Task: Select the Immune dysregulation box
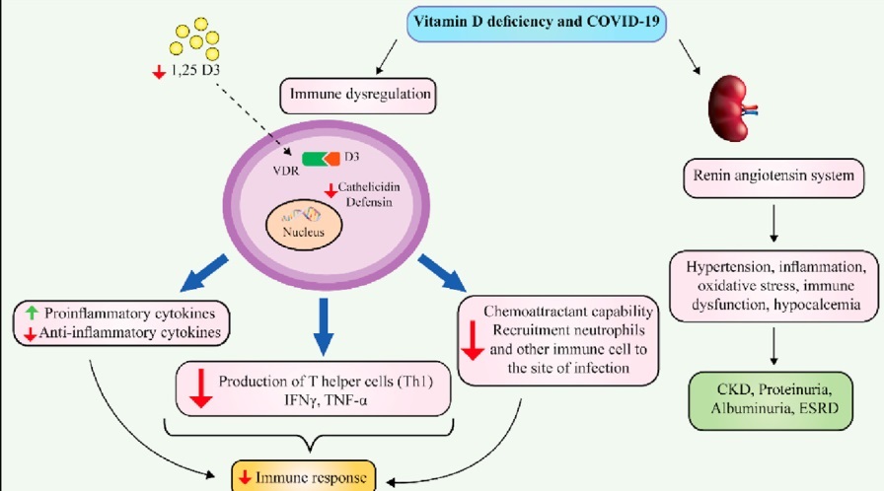(359, 97)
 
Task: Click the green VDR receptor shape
(315, 158)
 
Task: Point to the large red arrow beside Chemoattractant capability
(472, 338)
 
